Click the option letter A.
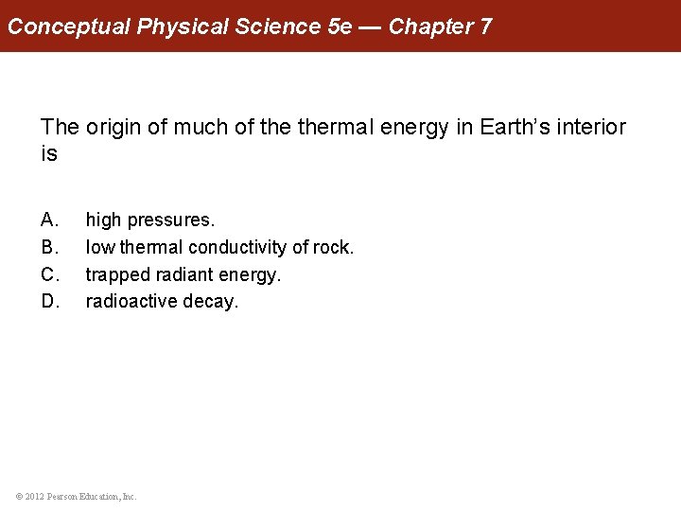point(50,220)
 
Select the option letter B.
point(50,248)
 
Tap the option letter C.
point(50,275)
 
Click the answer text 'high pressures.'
point(150,220)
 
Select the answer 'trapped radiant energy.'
point(183,275)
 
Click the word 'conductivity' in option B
point(237,248)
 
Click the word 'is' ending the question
point(49,154)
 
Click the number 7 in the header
point(485,26)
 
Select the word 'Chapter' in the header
point(431,26)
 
